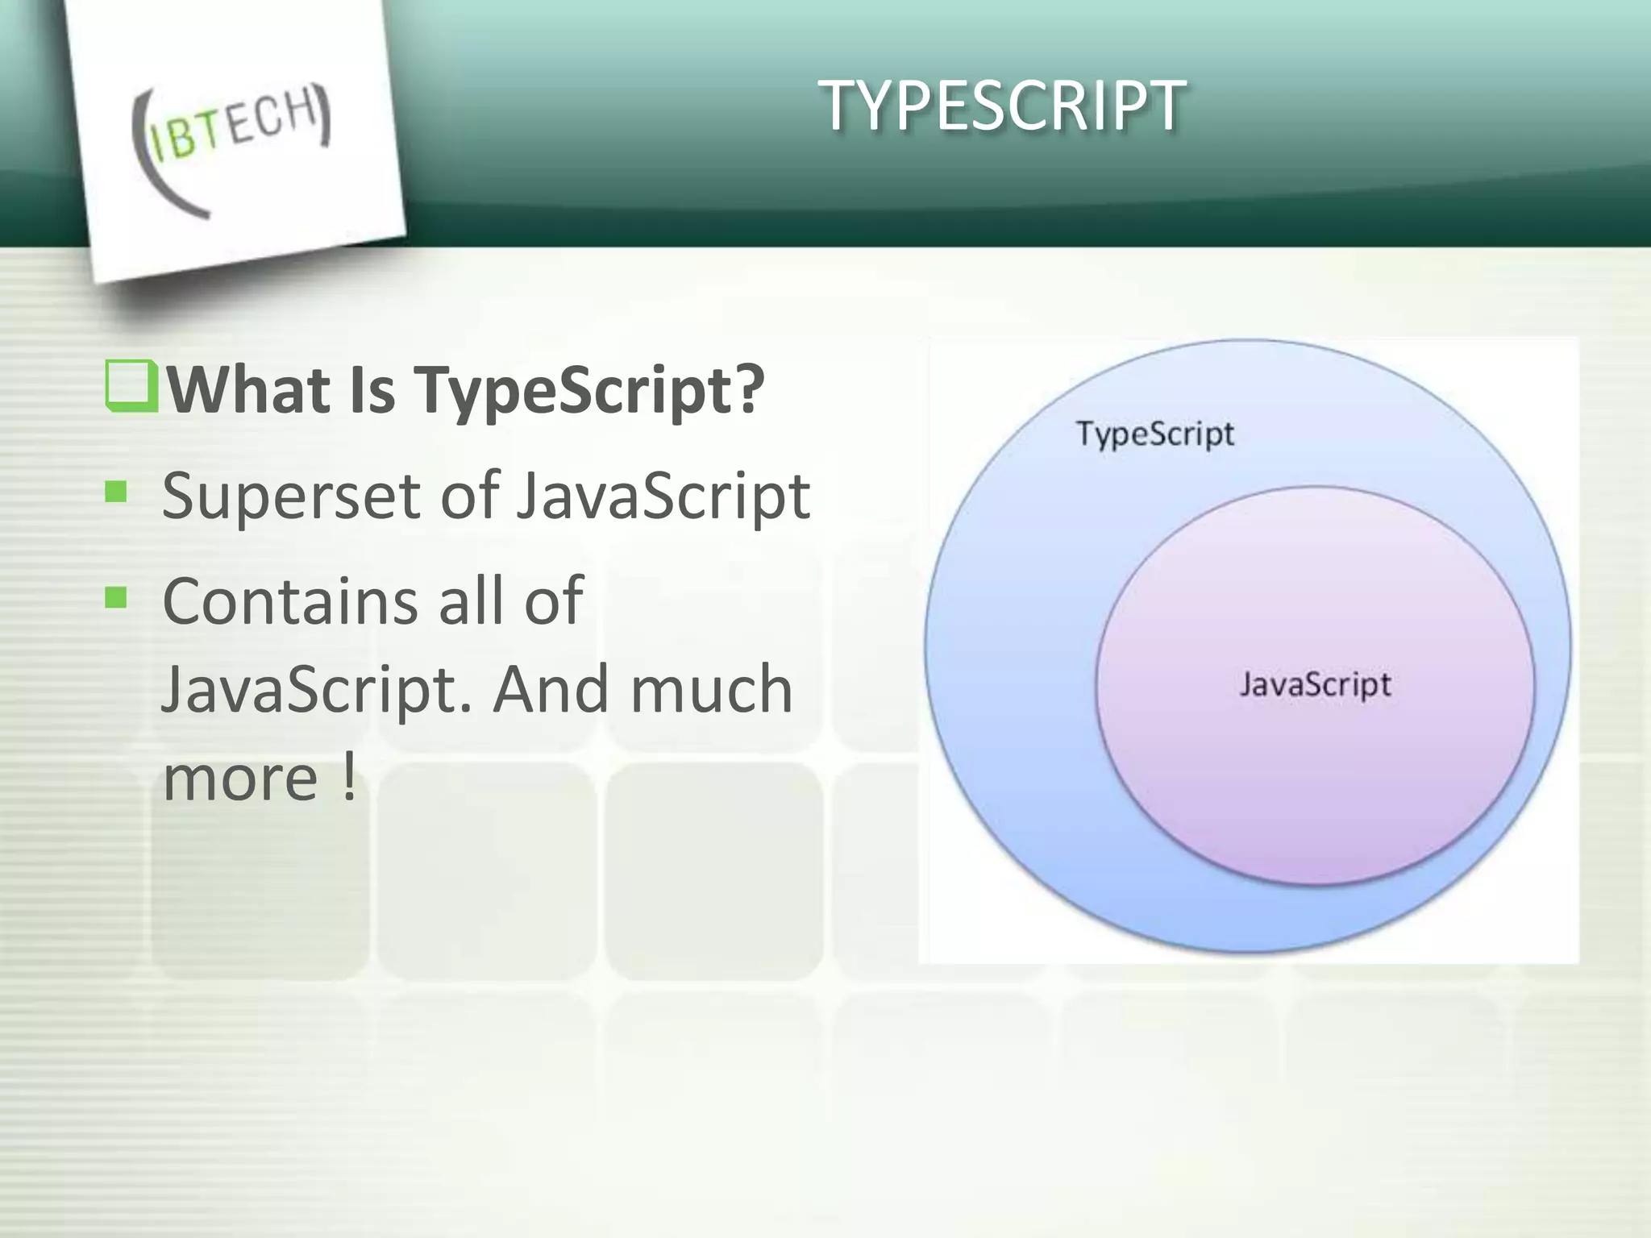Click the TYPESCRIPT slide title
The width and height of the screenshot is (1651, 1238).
1002,106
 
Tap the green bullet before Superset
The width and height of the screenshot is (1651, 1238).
116,491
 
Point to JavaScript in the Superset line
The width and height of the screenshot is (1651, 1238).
663,496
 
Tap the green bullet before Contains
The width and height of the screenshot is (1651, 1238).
116,597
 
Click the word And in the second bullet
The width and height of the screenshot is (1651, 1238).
551,689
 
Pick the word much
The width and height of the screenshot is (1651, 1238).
711,689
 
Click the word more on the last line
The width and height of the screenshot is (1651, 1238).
240,779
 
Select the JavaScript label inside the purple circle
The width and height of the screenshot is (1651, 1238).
1315,685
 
